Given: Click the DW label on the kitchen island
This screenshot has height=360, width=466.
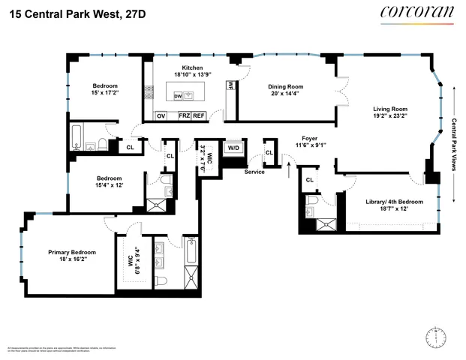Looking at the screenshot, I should pos(178,97).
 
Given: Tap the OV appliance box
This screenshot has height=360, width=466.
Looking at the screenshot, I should pos(161,115).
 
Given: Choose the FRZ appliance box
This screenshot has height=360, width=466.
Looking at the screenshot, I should pos(184,115).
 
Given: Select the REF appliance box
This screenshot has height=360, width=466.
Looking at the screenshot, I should pos(199,115).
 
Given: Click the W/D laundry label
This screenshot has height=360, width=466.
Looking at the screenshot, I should pos(233,147).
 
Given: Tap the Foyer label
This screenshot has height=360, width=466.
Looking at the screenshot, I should pos(309,139).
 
